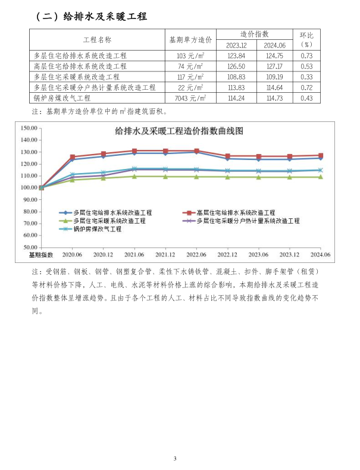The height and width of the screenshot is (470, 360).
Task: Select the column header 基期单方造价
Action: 190,40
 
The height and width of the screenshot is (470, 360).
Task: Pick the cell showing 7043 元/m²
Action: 190,98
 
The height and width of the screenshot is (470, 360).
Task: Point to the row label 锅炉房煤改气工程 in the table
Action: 62,98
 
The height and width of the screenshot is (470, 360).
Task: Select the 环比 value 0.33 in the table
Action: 306,77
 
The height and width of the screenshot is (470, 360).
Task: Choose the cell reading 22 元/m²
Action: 190,87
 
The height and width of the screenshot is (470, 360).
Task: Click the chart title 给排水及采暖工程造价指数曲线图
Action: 179,131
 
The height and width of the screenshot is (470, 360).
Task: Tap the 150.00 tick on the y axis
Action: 29,128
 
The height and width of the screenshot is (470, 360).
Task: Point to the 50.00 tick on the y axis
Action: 30,247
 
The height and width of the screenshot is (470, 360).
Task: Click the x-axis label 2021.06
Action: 134,254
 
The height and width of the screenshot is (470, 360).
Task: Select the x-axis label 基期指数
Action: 41,254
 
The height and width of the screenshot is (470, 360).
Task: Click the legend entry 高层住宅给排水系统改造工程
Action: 236,212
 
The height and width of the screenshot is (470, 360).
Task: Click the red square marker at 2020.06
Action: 73,156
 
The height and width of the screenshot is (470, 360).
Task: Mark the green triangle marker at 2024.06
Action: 320,177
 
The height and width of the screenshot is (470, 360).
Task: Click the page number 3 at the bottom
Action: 175,459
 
